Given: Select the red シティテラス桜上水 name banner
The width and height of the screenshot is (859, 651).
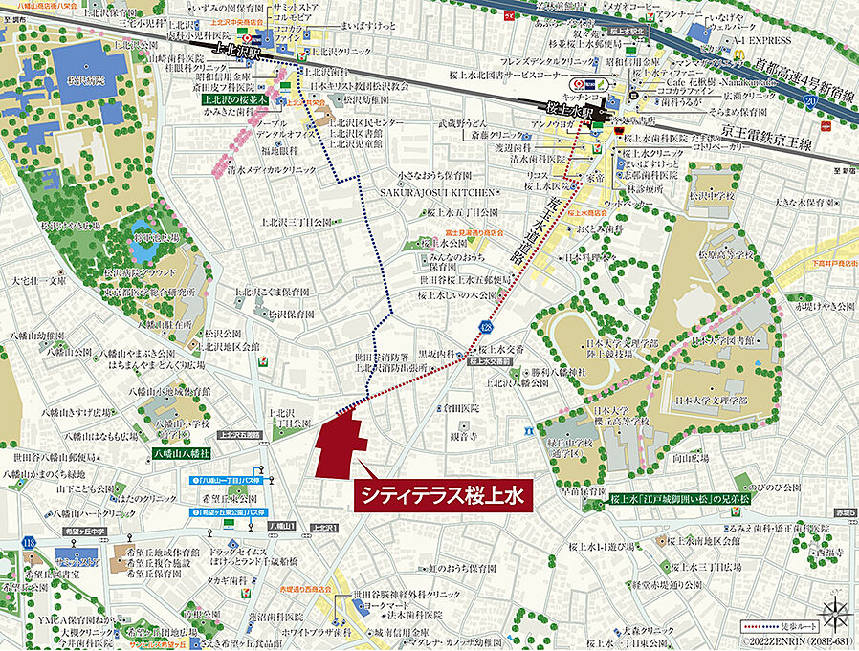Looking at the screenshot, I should [443, 495].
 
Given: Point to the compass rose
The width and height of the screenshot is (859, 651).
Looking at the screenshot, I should [834, 608].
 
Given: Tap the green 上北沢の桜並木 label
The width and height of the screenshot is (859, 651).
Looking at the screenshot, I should [234, 98].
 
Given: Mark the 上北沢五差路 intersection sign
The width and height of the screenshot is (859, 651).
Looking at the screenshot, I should [238, 434].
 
